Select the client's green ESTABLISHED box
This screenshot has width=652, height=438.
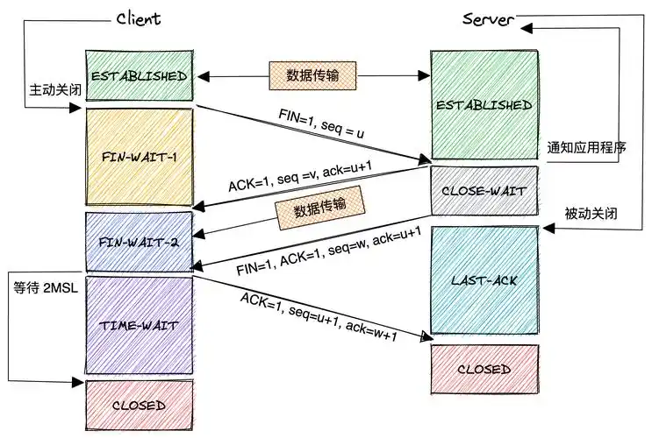coord(138,75)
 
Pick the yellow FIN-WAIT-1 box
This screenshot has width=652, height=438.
coord(138,157)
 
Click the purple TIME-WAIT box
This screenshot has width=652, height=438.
coord(138,324)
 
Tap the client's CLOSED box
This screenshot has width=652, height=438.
coord(138,405)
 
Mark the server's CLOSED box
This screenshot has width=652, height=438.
coord(484,369)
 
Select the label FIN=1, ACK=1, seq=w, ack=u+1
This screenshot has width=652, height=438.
coord(330,250)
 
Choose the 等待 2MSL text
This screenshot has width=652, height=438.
coord(44,286)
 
